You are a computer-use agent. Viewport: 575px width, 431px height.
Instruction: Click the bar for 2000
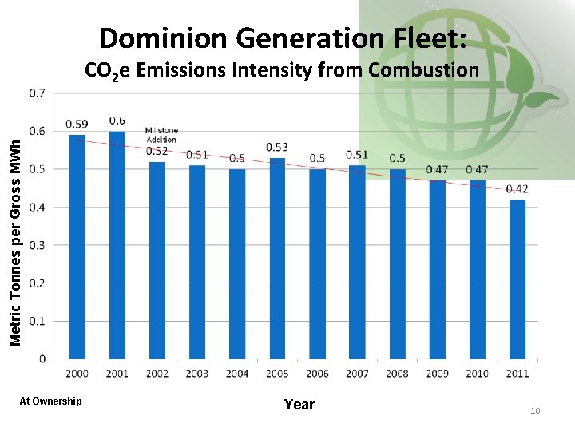[77, 247]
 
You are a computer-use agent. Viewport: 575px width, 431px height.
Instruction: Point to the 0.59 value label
[77, 124]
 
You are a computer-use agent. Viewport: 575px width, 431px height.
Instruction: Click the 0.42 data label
[517, 188]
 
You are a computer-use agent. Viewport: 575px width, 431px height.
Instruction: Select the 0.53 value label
[277, 147]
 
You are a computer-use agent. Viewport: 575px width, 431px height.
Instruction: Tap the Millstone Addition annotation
[161, 134]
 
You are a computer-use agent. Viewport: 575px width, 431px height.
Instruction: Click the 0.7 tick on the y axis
[38, 93]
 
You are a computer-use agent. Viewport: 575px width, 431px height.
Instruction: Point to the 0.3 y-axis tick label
[38, 245]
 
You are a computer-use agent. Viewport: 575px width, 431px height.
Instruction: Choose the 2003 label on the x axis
[196, 374]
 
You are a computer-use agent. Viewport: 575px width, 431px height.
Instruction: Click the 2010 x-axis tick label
[477, 374]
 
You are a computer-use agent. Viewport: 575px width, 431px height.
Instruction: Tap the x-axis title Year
[299, 405]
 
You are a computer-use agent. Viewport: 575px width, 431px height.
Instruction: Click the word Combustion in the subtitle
[423, 70]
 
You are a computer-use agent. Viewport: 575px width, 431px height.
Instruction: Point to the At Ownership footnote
[50, 401]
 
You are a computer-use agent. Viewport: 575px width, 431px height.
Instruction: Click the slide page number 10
[535, 410]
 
